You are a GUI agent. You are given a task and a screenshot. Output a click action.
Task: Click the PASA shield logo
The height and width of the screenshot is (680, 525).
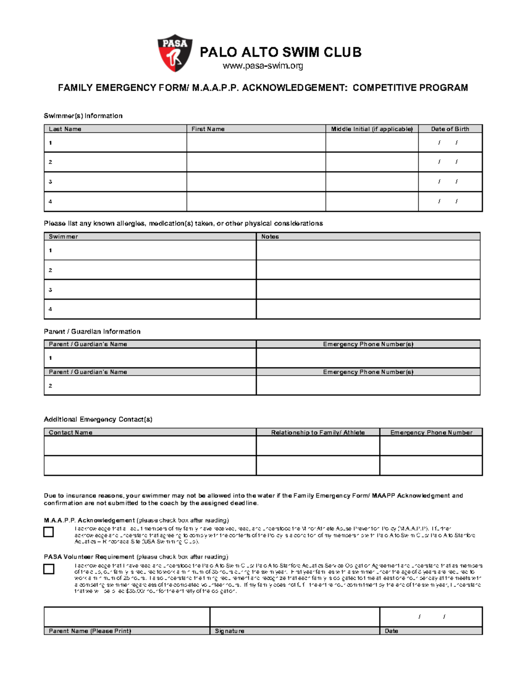point(175,53)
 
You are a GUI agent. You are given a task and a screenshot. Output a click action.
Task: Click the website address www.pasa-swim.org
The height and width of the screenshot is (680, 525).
point(262,66)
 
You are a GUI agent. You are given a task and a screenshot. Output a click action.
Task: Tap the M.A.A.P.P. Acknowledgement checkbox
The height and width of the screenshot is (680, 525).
point(49,532)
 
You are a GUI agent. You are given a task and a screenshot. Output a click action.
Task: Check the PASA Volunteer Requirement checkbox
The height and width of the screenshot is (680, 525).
point(49,569)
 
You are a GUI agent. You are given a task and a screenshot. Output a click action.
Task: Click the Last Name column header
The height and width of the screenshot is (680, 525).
point(65,129)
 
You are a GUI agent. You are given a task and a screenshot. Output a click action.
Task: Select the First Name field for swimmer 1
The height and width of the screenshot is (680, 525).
point(256,143)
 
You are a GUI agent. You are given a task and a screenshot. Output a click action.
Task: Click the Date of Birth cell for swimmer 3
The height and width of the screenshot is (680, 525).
point(450,182)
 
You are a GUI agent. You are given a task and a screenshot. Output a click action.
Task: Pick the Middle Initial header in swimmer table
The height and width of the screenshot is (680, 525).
point(371,129)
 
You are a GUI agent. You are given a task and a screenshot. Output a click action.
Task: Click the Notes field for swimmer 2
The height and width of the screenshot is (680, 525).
point(368,270)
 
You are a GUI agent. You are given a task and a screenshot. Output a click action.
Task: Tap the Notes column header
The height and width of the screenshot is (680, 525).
point(270,236)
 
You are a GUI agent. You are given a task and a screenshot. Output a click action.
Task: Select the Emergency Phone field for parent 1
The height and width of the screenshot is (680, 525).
point(368,358)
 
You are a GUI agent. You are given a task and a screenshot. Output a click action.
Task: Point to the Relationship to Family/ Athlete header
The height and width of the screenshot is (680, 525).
point(318,432)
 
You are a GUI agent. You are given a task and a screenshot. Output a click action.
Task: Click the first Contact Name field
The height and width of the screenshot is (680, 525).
point(150,446)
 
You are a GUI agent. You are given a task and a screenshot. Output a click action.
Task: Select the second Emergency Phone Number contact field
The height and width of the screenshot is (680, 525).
point(431,465)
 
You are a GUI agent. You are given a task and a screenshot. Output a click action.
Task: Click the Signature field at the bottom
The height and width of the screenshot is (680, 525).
point(294,617)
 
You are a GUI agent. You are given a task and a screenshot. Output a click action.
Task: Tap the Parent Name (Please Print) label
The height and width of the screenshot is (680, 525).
point(90,631)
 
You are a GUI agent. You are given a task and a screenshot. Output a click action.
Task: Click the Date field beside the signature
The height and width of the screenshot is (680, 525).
point(431,617)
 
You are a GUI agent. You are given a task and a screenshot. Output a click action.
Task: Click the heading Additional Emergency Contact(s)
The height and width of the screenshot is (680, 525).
point(98,419)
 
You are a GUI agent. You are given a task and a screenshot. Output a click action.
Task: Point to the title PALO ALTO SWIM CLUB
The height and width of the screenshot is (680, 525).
point(280,53)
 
